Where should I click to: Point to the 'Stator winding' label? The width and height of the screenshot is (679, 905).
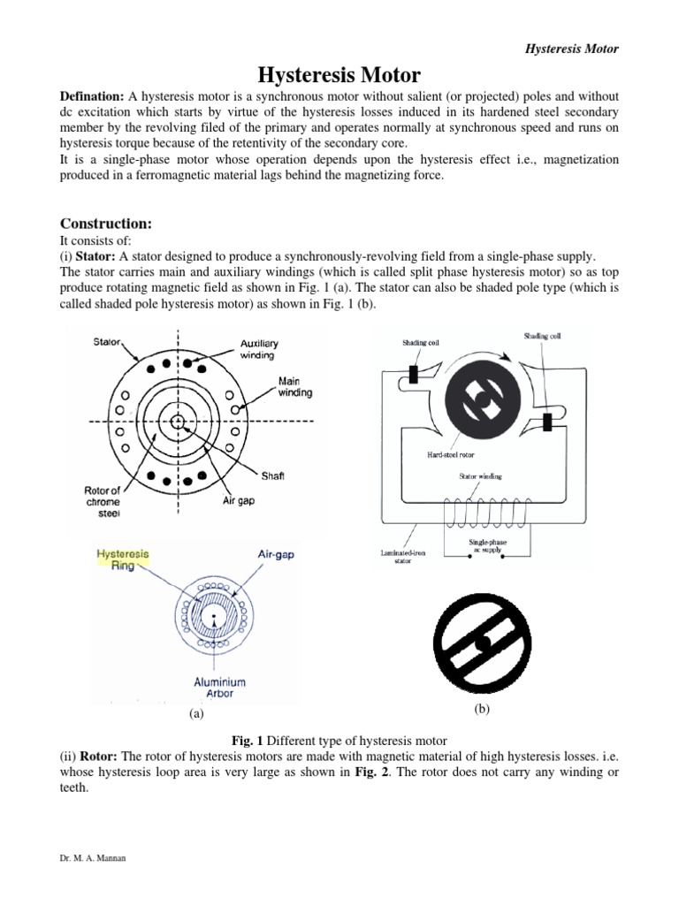tap(480, 476)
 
